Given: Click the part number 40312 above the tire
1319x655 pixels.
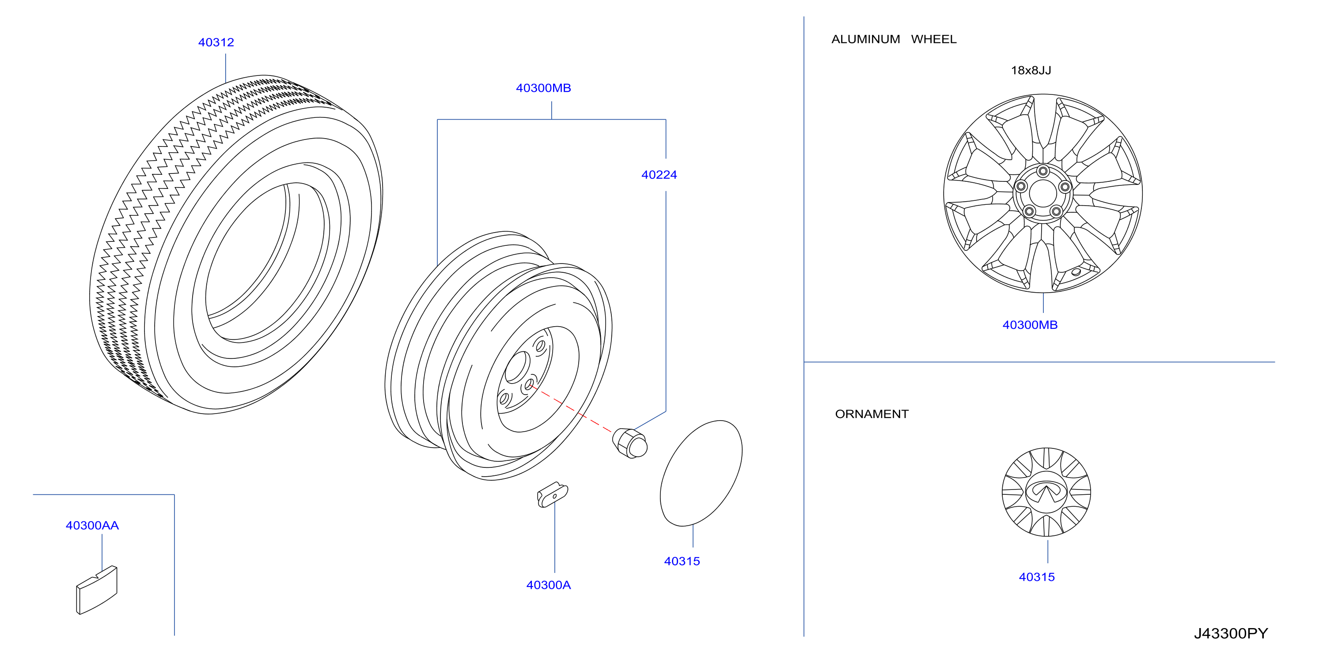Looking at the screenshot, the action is pyautogui.click(x=216, y=42).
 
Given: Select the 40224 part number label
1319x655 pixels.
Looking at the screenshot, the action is pyautogui.click(x=659, y=175).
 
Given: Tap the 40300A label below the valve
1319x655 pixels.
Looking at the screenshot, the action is pyautogui.click(x=548, y=585).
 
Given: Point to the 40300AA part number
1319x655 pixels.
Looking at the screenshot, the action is pyautogui.click(x=92, y=526).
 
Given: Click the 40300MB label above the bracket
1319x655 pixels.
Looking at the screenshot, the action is pyautogui.click(x=543, y=88).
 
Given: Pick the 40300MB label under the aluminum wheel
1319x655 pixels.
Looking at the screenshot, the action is pyautogui.click(x=1030, y=325).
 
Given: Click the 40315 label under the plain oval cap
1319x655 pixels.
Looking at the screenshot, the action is pyautogui.click(x=682, y=561).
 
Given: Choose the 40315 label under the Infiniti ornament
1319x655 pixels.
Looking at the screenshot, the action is pyautogui.click(x=1037, y=577).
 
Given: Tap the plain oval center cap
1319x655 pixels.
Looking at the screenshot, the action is pyautogui.click(x=701, y=473).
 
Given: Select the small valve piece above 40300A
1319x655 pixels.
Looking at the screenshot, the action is pyautogui.click(x=553, y=495).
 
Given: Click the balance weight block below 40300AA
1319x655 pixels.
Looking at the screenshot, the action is pyautogui.click(x=97, y=590).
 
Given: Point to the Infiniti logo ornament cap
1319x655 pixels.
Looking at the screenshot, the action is pyautogui.click(x=1046, y=492).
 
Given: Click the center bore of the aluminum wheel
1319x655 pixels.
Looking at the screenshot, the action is pyautogui.click(x=1042, y=193).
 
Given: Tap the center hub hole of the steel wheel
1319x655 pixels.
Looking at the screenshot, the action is pyautogui.click(x=518, y=367).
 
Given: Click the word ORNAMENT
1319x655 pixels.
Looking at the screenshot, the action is pyautogui.click(x=872, y=414).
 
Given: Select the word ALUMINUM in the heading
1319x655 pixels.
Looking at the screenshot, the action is pyautogui.click(x=865, y=39).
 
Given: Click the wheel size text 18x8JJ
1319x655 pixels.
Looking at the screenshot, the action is pyautogui.click(x=1031, y=71).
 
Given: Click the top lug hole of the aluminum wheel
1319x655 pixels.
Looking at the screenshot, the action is pyautogui.click(x=1043, y=171).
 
